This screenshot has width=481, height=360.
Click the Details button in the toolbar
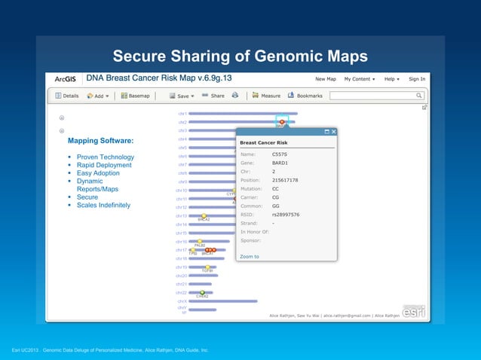[x=66, y=96]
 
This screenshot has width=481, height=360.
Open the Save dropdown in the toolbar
[x=182, y=96]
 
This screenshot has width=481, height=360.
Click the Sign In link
[x=417, y=78]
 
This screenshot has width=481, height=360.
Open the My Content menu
[x=360, y=78]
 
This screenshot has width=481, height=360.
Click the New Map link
[x=326, y=78]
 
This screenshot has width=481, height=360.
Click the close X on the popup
[x=334, y=132]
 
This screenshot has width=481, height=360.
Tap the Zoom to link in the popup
[x=249, y=257]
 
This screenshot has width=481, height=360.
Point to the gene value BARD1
[x=280, y=163]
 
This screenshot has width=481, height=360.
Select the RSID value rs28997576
[x=286, y=214]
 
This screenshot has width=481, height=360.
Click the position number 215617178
[x=285, y=180]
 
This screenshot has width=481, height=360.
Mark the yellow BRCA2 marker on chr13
[x=204, y=216]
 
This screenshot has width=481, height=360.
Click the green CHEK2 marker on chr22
[x=202, y=293]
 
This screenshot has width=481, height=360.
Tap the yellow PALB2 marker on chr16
[x=200, y=242]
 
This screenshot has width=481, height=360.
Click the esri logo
[x=413, y=311]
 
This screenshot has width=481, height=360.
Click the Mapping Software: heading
[x=100, y=141]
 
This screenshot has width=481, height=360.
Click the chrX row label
[x=181, y=301]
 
